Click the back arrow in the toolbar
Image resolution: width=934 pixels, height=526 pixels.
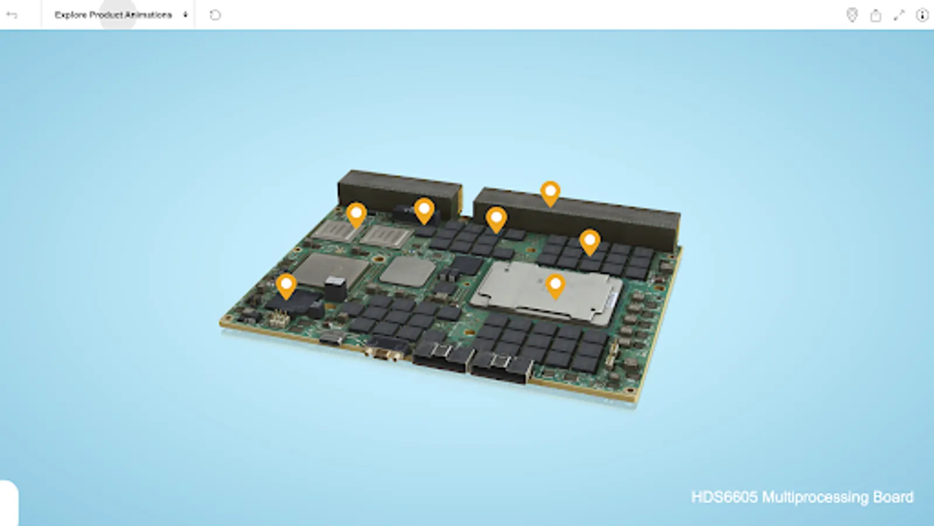12,15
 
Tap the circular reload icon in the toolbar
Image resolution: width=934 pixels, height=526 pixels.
215,15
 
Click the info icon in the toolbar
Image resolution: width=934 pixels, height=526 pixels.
922,15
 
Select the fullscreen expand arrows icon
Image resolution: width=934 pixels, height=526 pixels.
899,15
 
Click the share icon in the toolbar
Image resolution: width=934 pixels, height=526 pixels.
876,15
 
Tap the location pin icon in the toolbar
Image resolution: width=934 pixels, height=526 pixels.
852,15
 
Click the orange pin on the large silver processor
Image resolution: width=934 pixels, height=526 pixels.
555,287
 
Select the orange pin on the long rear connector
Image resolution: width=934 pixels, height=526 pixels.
550,193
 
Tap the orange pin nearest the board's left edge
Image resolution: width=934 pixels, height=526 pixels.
286,286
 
